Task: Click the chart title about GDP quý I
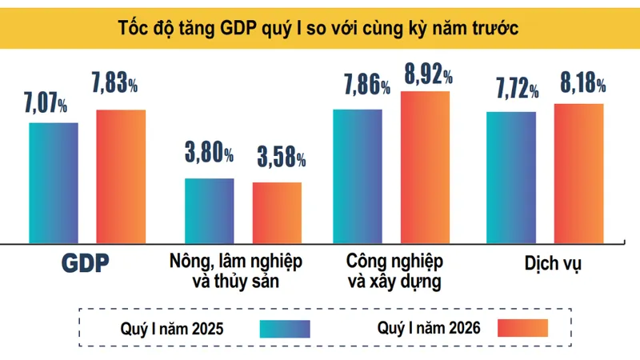(318, 28)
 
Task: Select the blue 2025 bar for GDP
(54, 183)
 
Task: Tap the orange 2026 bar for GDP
(121, 177)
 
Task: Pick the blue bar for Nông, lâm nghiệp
(210, 211)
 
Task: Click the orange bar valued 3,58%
(277, 213)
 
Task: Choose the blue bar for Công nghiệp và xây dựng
(358, 176)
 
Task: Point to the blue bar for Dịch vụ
(511, 178)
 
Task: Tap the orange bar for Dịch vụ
(578, 174)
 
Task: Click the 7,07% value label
(46, 102)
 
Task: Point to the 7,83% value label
(114, 83)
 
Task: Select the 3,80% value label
(209, 152)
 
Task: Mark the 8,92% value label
(428, 74)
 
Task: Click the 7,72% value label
(517, 88)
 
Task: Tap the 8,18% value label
(583, 83)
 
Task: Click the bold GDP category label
(86, 263)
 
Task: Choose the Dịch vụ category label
(553, 264)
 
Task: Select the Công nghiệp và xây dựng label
(394, 271)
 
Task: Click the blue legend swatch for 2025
(285, 329)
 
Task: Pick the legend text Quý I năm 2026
(429, 328)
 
